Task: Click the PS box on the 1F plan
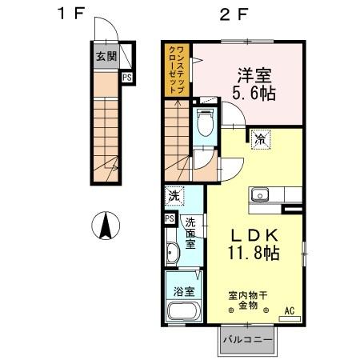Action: [127, 78]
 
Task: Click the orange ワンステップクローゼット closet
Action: [178, 70]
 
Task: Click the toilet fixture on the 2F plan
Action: [205, 122]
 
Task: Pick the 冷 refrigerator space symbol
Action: [260, 139]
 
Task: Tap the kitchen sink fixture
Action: [262, 196]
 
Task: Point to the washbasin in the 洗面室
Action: [174, 256]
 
